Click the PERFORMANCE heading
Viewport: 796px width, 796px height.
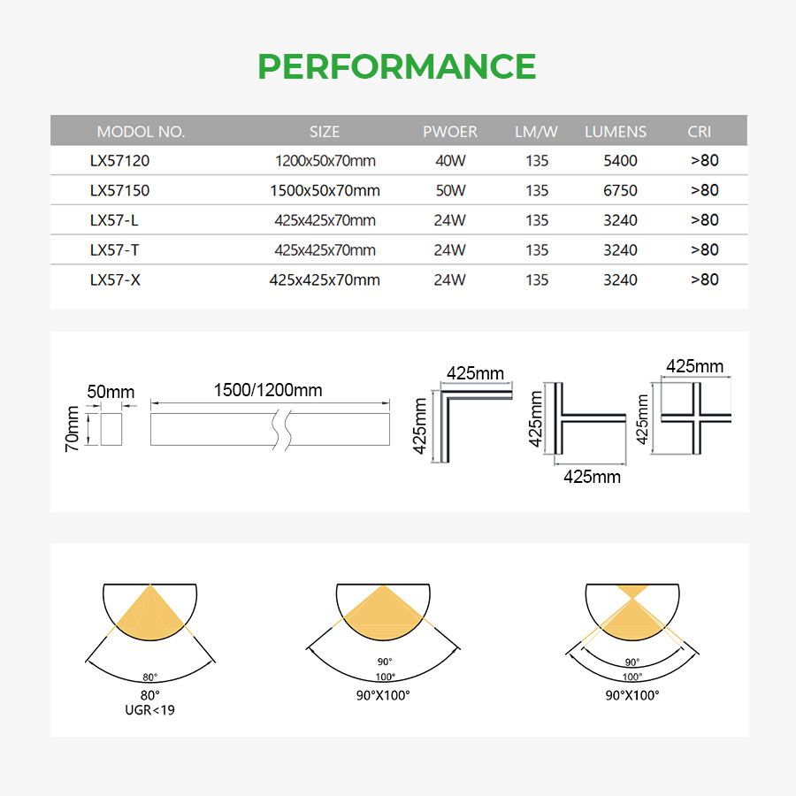[x=397, y=66]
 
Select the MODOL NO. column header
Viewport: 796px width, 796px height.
[x=141, y=132]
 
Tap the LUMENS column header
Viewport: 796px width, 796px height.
[x=616, y=132]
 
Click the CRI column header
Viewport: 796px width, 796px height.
[x=699, y=132]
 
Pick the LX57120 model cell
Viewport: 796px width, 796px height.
[x=119, y=161]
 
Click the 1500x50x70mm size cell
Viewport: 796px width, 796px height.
[x=325, y=191]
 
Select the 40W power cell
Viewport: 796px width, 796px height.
[x=450, y=161]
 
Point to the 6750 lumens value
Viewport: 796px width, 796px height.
[x=620, y=191]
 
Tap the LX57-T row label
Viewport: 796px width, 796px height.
[x=114, y=250]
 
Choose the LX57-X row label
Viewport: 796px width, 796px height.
[x=115, y=280]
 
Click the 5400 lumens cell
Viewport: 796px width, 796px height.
[x=620, y=161]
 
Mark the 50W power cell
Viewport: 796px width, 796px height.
[x=450, y=191]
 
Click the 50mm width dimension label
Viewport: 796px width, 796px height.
[x=111, y=392]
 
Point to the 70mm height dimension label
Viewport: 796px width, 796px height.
[x=73, y=429]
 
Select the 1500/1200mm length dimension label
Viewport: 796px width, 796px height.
[x=267, y=390]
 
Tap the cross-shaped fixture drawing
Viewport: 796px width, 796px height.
[x=697, y=417]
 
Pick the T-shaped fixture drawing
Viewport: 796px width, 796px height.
[x=559, y=417]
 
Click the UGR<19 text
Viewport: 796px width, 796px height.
[x=149, y=710]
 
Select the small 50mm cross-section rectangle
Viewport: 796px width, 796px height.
[x=111, y=429]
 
